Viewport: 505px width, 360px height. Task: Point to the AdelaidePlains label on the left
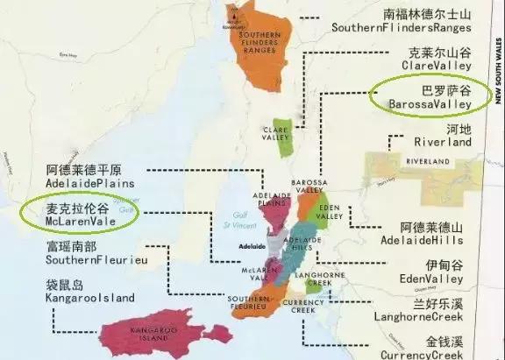86,184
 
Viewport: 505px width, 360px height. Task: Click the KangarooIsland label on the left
85,298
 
